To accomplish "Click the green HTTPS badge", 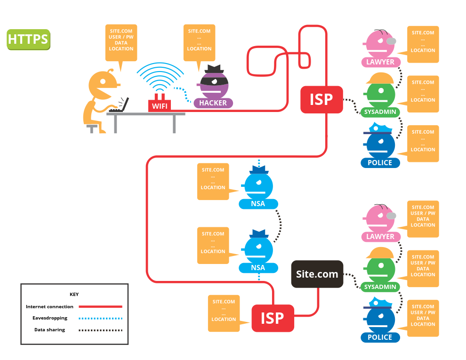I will pos(28,40).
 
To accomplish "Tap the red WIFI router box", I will pos(160,106).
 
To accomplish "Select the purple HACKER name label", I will pos(213,103).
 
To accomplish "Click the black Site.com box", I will pos(317,274).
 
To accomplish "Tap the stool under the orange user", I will pos(92,128).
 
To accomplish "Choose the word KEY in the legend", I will pos(74,294).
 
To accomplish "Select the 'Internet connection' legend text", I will pos(49,307).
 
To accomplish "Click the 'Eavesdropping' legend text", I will pos(50,318).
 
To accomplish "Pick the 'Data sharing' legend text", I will pos(50,330).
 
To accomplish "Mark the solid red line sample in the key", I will pos(102,307).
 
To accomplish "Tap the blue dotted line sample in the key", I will pos(102,319).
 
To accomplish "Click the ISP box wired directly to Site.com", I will pos(273,319).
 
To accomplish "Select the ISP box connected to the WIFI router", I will pos(321,100).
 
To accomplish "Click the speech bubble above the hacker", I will pos(199,42).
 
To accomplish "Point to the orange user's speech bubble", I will pos(121,42).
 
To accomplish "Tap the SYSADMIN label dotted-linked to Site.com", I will pos(381,287).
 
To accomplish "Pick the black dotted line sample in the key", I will pos(102,330).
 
